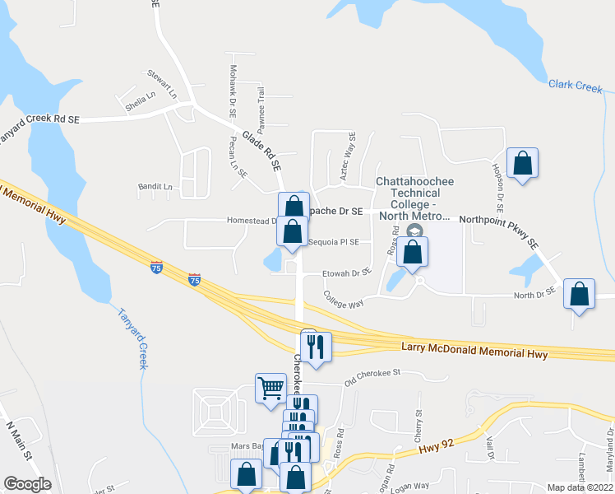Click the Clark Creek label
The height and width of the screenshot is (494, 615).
575,86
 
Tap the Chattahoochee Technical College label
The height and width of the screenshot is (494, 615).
415,198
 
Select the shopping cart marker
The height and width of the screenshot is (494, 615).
271,387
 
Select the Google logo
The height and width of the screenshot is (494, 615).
27,484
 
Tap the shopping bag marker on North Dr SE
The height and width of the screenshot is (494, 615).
580,294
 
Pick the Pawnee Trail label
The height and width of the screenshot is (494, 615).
261,108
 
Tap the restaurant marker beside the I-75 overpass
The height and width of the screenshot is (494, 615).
316,346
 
